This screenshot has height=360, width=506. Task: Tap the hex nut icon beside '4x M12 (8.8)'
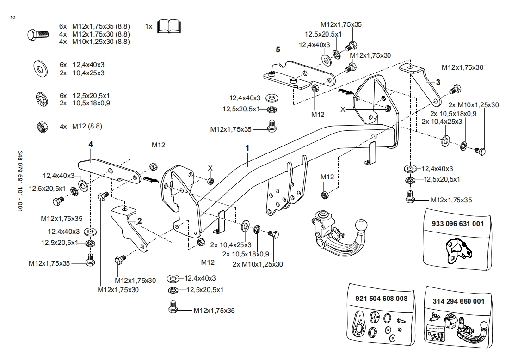tap(40, 126)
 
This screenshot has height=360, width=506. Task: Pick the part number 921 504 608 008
tap(382, 299)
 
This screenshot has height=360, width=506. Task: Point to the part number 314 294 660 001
tap(458, 301)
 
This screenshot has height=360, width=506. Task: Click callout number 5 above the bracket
tap(278, 49)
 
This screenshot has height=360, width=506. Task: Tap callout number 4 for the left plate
tap(91, 145)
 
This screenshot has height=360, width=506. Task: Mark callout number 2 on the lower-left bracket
tap(139, 220)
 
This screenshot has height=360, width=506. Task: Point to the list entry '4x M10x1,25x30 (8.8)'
tap(94, 42)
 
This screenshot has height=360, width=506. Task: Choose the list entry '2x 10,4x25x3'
tap(82, 73)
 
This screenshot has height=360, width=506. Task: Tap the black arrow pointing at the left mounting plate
tap(151, 180)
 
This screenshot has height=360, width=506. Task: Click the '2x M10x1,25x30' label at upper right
tap(474, 105)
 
